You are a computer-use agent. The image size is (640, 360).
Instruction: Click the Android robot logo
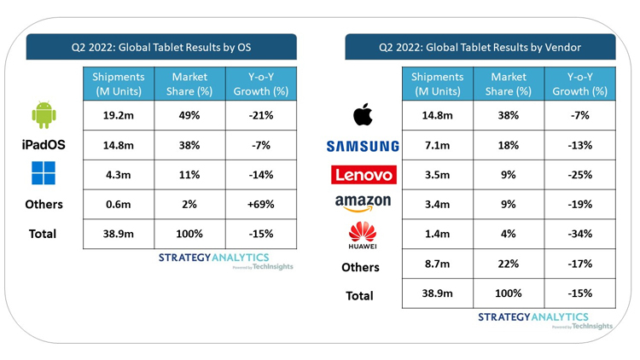[x=44, y=115]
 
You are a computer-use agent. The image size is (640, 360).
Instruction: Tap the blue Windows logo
[x=44, y=174]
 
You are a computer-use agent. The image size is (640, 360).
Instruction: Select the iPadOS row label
[x=44, y=145]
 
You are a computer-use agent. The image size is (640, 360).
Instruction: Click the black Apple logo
[x=362, y=115]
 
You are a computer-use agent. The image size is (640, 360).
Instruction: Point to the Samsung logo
[x=362, y=146]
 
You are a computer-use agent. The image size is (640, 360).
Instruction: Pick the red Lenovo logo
[x=362, y=175]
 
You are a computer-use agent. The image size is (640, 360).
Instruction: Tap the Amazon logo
[x=362, y=203]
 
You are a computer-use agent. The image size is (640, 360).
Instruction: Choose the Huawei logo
[x=362, y=233]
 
